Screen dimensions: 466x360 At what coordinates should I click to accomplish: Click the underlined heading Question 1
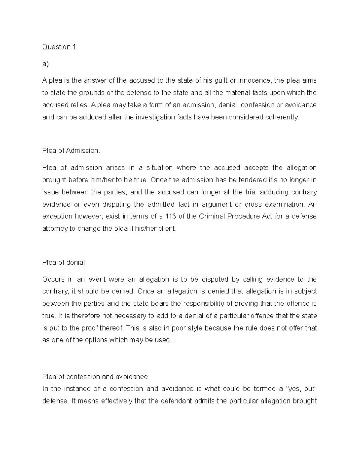[x=59, y=47]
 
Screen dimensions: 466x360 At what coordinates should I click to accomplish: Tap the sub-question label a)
[x=45, y=64]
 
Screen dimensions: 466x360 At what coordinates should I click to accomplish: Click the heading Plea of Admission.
[x=71, y=151]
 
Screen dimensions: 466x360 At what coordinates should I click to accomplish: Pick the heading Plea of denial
[x=64, y=263]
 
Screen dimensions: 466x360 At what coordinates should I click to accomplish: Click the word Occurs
[x=53, y=279]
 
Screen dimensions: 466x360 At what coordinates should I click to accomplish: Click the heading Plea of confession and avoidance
[x=95, y=377]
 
